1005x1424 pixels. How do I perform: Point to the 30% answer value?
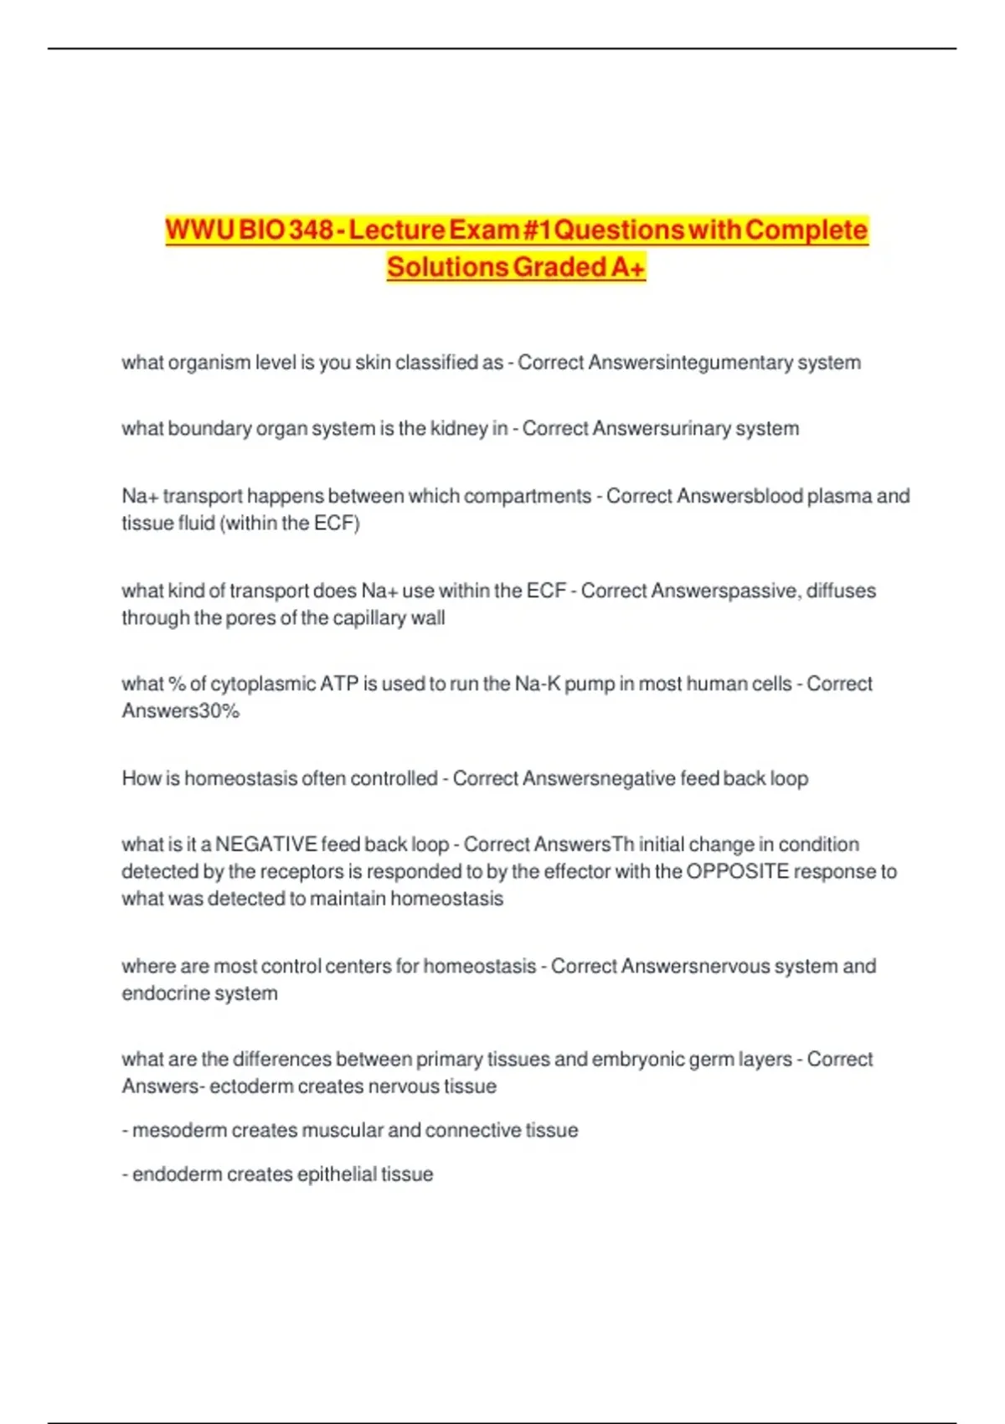pos(219,711)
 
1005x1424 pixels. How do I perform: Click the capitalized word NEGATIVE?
pos(265,844)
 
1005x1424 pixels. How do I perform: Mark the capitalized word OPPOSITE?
pos(738,872)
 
